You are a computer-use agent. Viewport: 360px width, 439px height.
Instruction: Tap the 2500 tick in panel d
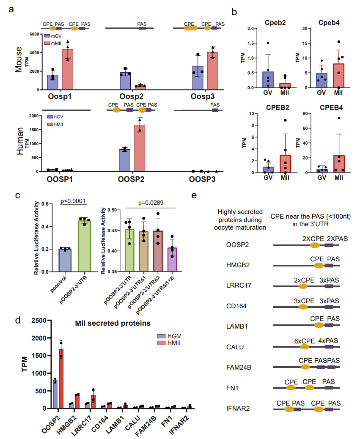(x=35, y=321)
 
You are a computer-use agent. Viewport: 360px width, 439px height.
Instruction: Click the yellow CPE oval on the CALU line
(x=304, y=347)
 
